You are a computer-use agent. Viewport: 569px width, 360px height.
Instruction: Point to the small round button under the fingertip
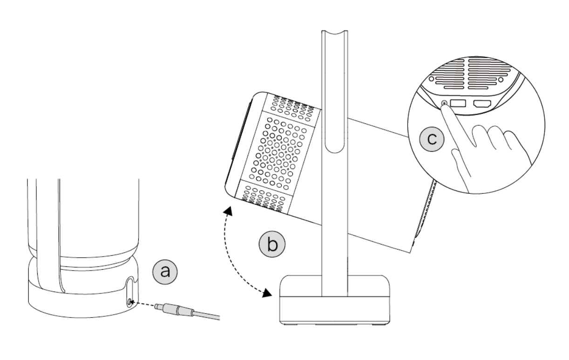click(445, 103)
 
